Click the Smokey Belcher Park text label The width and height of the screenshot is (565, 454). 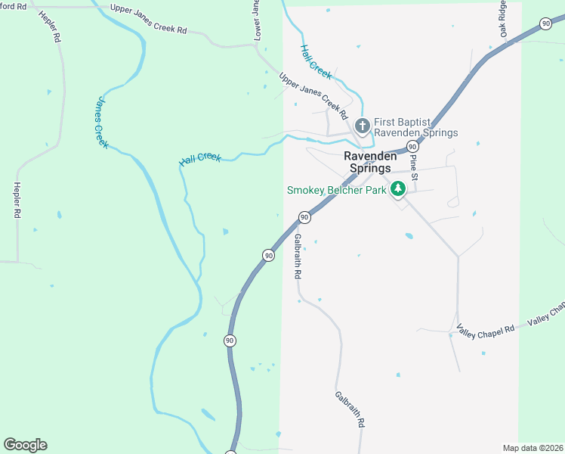tap(336, 190)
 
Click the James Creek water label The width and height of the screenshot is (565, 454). tap(101, 123)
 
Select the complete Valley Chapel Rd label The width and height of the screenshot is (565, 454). tap(486, 328)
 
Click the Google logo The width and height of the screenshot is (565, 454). tap(25, 445)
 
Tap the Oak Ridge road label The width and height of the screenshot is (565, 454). tap(502, 18)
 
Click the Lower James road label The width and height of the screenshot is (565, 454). tap(256, 20)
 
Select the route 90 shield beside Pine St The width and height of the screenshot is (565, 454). tap(412, 145)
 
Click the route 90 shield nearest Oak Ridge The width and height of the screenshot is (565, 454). tap(545, 24)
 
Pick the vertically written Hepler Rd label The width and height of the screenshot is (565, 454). tap(16, 200)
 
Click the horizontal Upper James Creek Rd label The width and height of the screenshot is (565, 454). tap(148, 20)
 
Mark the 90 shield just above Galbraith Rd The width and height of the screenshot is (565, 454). tap(304, 217)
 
